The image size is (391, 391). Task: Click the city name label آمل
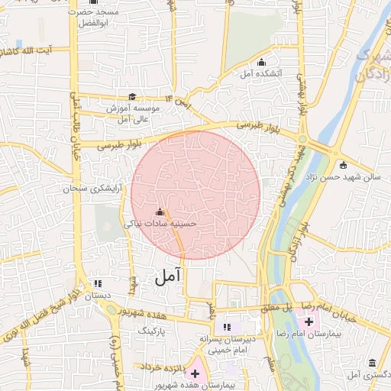[x=170, y=277]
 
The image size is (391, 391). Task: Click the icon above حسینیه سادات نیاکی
[x=160, y=212]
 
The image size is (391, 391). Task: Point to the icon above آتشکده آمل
[x=263, y=62]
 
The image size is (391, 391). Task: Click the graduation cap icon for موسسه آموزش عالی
[x=132, y=97]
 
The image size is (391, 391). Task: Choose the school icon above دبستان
[x=97, y=282]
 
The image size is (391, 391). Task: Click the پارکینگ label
[x=150, y=331]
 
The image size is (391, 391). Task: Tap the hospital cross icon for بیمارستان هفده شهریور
[x=195, y=373]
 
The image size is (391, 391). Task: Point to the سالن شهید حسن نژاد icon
[x=342, y=165]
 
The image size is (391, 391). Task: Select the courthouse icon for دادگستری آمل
[x=372, y=364]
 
